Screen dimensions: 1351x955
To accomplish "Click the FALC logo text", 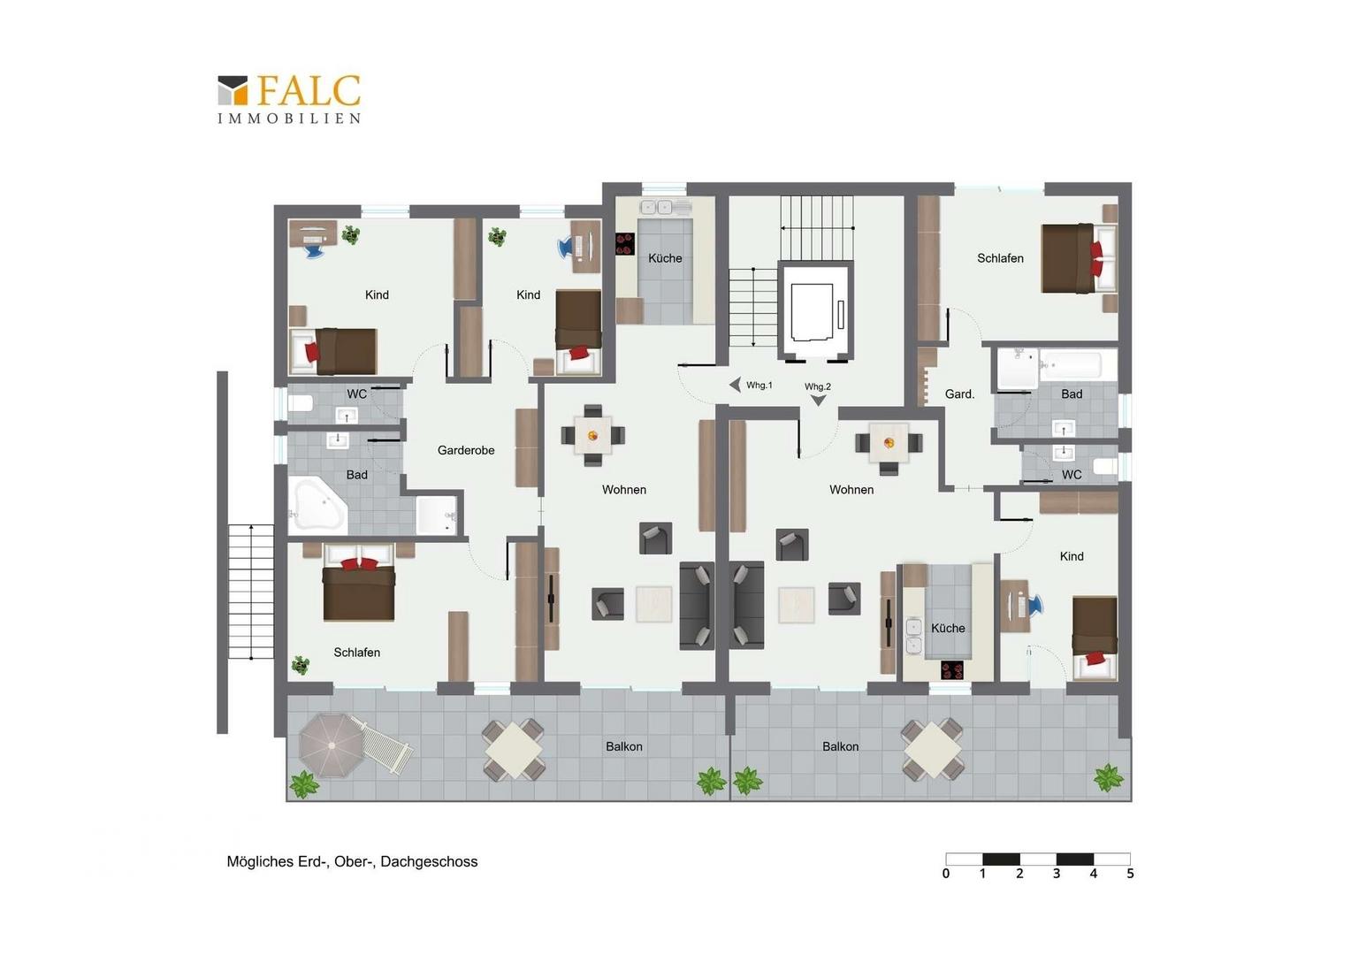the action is point(309,90).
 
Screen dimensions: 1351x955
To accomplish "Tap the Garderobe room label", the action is point(466,450).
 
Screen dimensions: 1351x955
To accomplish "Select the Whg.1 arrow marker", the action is point(735,385).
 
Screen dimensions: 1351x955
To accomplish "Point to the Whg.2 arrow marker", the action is point(818,401).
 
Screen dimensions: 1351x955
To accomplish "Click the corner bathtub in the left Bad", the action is point(317,504).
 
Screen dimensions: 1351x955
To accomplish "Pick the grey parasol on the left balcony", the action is point(332,745).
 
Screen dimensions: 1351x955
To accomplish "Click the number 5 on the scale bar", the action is point(1130,874).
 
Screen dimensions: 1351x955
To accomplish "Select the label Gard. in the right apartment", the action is point(959,394).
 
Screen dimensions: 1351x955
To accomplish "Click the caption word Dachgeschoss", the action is point(429,861).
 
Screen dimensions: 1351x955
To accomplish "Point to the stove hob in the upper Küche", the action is point(625,244).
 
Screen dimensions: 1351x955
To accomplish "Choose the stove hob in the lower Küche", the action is point(952,669).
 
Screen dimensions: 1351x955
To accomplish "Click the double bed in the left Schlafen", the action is point(359,583).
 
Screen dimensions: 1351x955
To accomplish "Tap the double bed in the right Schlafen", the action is point(1079,259).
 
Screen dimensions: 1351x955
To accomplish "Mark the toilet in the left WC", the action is point(300,402).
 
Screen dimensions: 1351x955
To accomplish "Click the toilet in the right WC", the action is point(1105,466).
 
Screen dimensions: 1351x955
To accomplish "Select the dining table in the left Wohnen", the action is point(593,435).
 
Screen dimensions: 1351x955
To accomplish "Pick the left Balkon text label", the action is point(623,746).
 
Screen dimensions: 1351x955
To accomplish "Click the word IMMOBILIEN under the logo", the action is point(289,118).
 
